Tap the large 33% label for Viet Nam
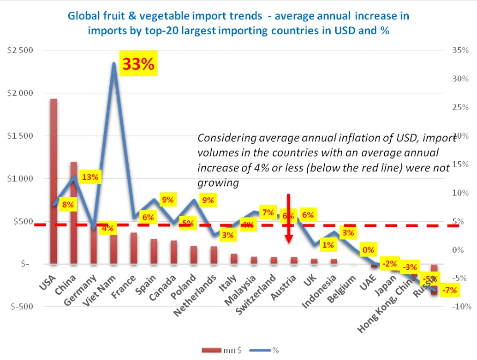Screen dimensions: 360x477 (x=139, y=64)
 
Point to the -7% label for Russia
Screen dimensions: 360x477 (x=450, y=290)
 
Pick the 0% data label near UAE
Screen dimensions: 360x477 (x=368, y=250)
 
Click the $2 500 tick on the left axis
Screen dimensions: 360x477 (x=20, y=50)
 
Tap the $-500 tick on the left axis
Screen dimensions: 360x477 (x=20, y=307)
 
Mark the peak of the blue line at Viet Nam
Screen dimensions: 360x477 (x=114, y=63)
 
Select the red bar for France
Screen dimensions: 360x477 (x=133, y=248)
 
